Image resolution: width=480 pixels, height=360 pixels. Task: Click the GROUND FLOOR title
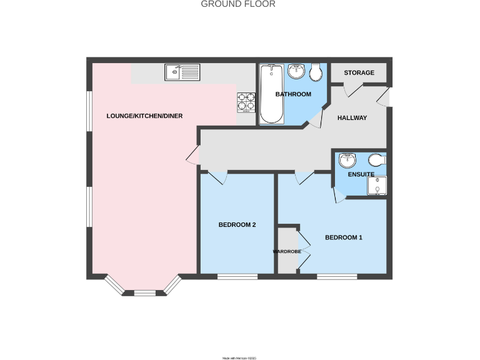tap(238, 4)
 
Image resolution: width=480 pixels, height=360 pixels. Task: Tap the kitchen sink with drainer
tap(182, 72)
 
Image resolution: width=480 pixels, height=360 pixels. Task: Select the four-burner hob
tap(246, 102)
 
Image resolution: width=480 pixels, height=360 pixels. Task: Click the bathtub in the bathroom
tap(272, 94)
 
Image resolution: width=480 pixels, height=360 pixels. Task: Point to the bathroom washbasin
tap(296, 72)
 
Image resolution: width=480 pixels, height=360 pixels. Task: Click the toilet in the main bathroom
tap(316, 72)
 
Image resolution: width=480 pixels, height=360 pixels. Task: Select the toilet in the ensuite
tap(377, 159)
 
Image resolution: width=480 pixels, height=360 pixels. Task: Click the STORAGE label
tap(359, 73)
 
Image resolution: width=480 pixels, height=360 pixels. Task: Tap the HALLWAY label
tap(352, 118)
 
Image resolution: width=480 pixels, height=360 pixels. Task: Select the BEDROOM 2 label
tap(237, 225)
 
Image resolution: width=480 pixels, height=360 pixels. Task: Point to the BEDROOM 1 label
tap(344, 237)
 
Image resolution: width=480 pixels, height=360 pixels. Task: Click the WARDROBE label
tap(287, 251)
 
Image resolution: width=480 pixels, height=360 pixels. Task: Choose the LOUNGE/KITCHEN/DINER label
tap(144, 116)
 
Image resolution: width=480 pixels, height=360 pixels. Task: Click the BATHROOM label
tap(293, 94)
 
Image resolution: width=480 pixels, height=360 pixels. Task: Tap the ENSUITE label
tap(361, 174)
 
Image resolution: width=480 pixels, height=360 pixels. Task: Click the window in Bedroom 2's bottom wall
tap(237, 276)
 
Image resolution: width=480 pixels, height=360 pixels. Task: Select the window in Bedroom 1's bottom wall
tap(337, 276)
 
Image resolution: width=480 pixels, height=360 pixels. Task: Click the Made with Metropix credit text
tap(240, 358)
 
